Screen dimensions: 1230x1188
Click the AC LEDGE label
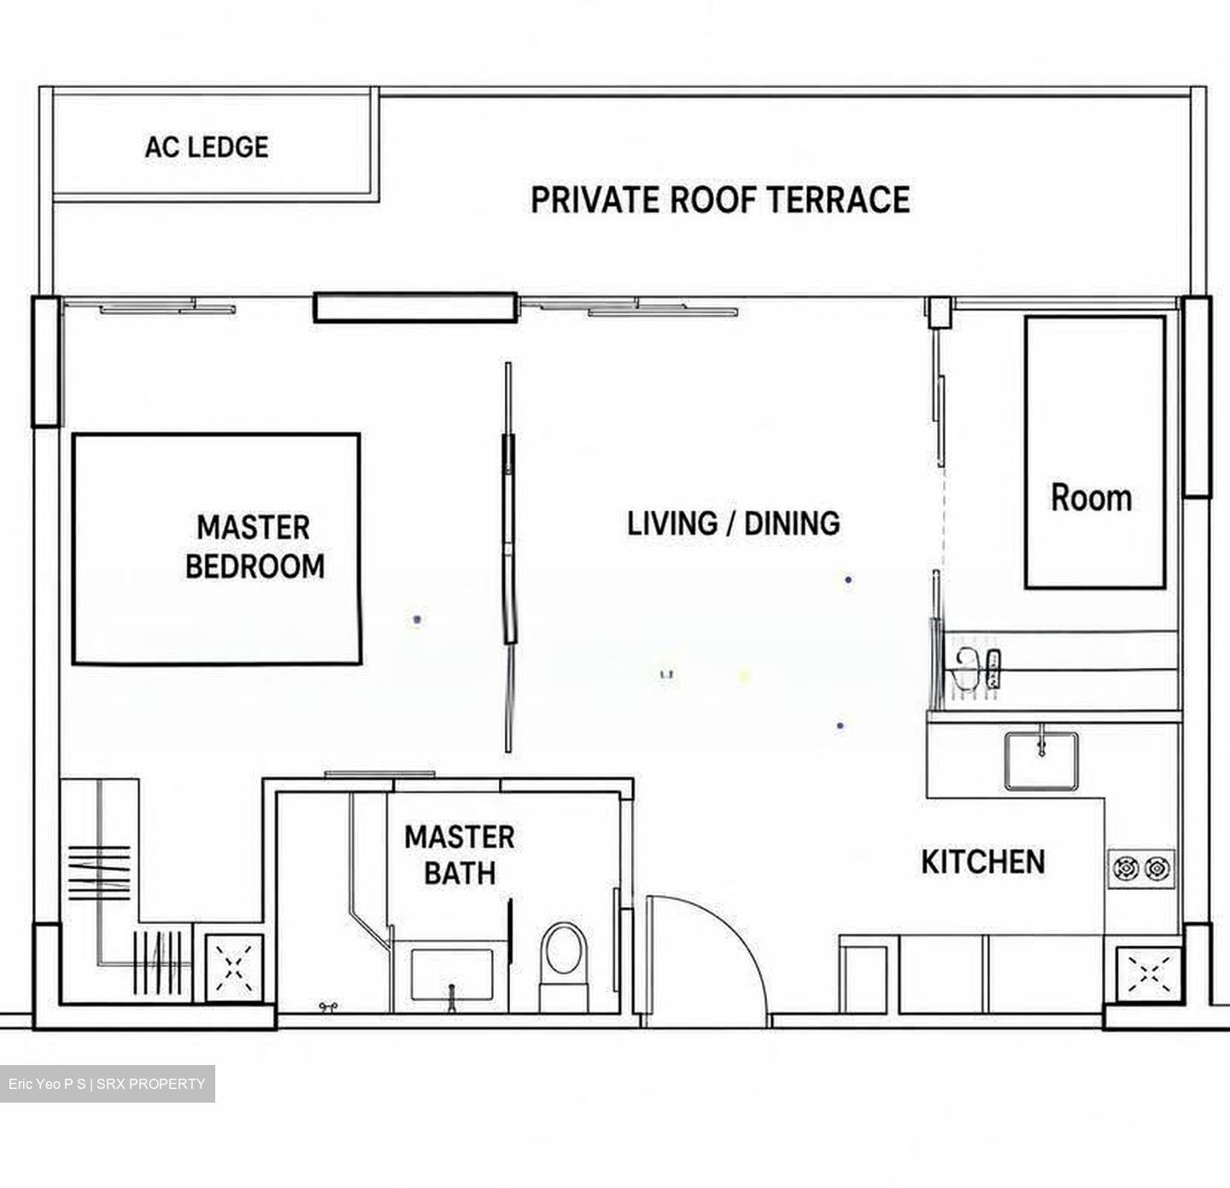tap(207, 147)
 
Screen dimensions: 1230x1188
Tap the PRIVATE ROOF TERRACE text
tap(721, 200)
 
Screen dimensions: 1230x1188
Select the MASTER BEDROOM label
tap(255, 547)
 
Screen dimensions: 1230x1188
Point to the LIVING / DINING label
tap(734, 524)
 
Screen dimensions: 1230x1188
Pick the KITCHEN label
tap(983, 861)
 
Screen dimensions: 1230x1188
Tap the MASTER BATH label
tap(460, 855)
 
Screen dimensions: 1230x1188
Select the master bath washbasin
tap(451, 974)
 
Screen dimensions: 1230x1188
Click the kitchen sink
tap(1041, 761)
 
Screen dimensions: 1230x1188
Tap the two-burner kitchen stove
tap(1141, 869)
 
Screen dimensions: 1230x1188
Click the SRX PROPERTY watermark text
tap(151, 1084)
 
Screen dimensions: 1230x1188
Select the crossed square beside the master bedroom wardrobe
tap(234, 968)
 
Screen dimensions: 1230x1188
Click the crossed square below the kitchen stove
tap(1149, 974)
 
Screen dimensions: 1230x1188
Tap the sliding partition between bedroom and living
tap(509, 556)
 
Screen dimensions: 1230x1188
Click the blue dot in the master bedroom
tap(417, 619)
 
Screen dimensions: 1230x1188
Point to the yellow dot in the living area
tap(744, 676)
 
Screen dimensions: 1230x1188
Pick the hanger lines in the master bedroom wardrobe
tap(99, 873)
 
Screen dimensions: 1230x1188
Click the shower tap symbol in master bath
tap(327, 1006)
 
